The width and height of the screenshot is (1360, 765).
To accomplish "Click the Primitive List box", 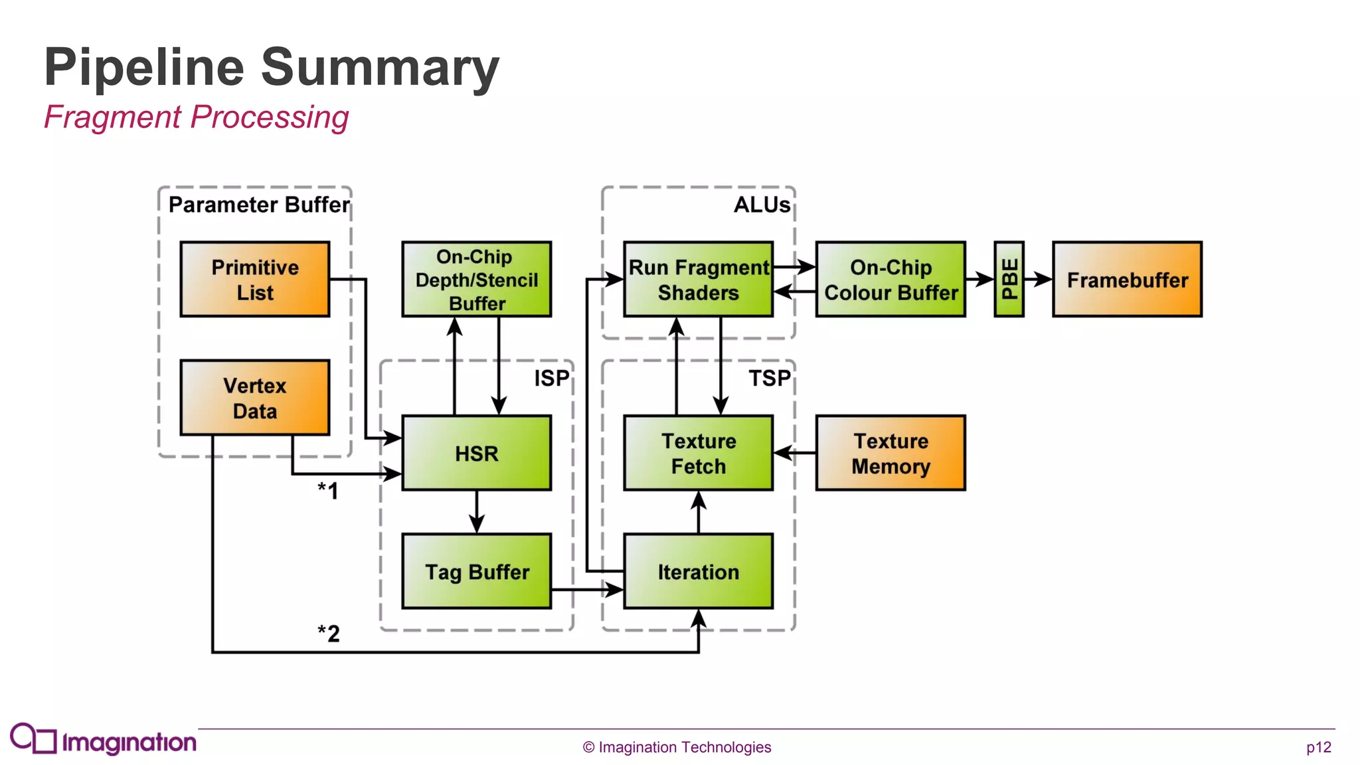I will [255, 280].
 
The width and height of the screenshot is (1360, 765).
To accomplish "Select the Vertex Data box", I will [255, 398].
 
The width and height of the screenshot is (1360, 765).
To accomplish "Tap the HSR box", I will [476, 454].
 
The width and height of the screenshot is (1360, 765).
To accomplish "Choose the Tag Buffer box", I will [476, 571].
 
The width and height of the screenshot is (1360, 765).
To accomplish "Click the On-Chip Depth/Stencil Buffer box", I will [476, 280].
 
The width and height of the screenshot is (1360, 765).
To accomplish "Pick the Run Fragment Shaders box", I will [698, 280].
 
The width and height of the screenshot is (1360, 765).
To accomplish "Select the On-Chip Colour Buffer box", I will [891, 280].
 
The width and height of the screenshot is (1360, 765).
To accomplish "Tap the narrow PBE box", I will [1009, 280].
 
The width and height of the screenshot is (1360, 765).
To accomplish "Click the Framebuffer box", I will [1127, 280].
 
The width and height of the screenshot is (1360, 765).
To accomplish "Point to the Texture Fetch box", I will [698, 454].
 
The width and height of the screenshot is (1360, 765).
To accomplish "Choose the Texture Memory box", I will [891, 454].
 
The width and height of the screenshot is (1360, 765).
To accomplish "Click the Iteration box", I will [698, 571].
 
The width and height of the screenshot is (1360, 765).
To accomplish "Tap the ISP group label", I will [552, 379].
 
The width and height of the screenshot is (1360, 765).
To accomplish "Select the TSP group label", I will [770, 379].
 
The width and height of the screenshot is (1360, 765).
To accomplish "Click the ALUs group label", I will [762, 205].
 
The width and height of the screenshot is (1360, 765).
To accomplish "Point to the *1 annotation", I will [328, 491].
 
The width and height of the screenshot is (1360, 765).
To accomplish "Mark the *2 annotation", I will [329, 633].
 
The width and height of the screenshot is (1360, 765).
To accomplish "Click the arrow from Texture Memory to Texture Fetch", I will [795, 453].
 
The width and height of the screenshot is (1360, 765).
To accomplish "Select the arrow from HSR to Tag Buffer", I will [476, 512].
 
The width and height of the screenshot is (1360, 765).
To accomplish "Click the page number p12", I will [1318, 747].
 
